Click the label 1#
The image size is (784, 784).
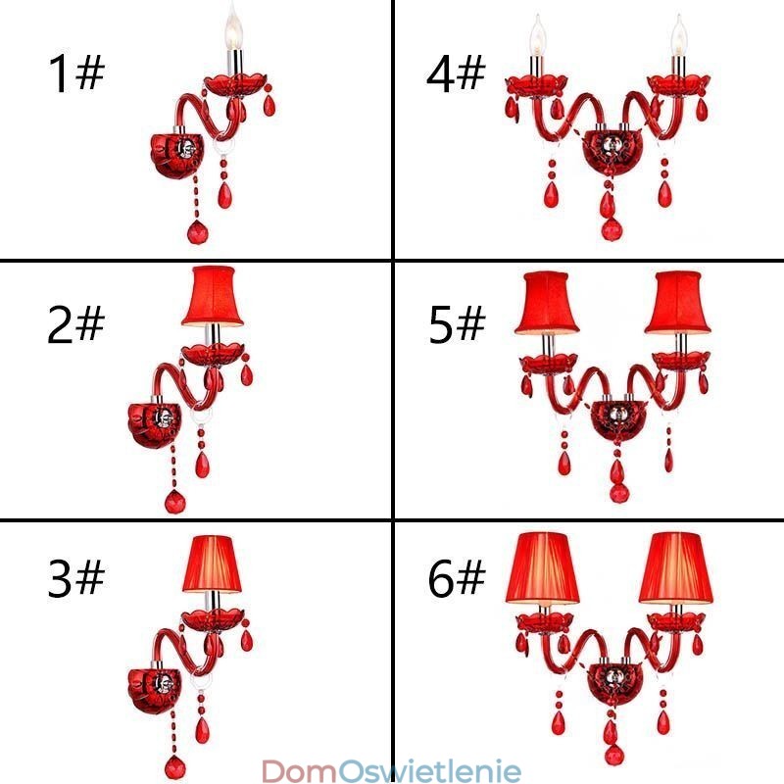pos(76,73)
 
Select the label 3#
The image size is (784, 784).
pos(76,577)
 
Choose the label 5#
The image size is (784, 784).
pos(457,324)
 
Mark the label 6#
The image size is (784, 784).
pos(457,578)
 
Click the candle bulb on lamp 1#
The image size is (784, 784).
pos(233,27)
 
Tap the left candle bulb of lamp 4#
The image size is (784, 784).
pos(537,35)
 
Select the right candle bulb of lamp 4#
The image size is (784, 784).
pos(678,35)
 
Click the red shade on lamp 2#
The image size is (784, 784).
pos(213,296)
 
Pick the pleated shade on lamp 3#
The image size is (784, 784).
pos(212,564)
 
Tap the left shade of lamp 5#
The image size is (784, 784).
pos(547,303)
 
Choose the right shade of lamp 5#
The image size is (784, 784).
pos(677,303)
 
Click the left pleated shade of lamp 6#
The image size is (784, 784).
pos(543,568)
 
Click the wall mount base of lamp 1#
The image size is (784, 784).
pos(177,156)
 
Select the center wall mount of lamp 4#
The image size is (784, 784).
pos(609,150)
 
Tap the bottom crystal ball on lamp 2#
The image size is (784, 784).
pos(174,502)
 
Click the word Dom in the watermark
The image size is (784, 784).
pos(299,770)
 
